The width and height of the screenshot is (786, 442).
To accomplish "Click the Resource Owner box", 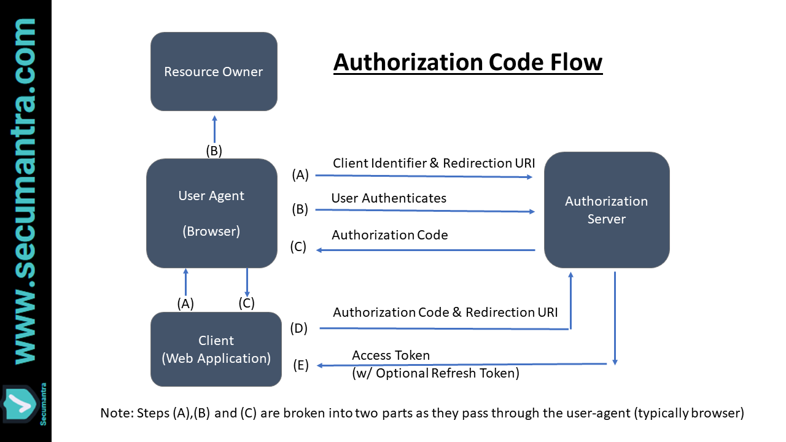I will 214,71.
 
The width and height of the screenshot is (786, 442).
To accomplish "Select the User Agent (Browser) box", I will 211,213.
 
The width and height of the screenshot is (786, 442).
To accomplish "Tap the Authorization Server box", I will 606,210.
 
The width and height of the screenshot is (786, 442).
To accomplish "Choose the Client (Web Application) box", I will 216,349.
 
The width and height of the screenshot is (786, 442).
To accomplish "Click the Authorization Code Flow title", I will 468,63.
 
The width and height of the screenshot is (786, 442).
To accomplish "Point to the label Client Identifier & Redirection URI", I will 434,163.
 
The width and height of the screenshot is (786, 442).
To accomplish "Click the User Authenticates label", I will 389,198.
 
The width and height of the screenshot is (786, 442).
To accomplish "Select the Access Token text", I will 391,355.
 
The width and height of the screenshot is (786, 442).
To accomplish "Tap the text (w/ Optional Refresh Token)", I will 435,373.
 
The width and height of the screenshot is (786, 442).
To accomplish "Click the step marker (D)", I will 298,328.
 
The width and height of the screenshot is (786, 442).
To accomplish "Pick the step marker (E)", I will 300,366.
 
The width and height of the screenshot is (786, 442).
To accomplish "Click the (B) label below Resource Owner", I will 213,151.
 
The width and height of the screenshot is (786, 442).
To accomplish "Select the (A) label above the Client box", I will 185,303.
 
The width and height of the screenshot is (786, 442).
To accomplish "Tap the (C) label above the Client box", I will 246,303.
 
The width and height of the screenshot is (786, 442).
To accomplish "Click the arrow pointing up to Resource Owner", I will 214,130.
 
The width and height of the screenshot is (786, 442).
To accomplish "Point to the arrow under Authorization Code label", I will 426,250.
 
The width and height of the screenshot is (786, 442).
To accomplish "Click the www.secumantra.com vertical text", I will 25,190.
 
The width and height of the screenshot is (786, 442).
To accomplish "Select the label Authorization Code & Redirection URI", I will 445,312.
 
